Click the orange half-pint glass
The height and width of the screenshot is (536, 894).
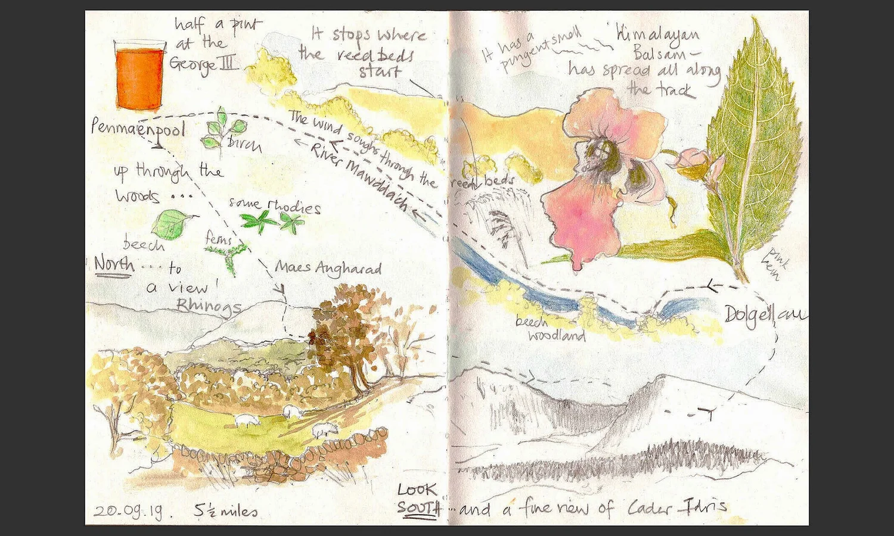139,76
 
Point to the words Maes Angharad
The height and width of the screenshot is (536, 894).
328,269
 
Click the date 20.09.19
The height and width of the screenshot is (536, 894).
128,511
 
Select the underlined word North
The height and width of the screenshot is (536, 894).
113,263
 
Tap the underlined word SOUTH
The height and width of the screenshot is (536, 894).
418,509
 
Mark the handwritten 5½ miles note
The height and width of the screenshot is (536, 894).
226,511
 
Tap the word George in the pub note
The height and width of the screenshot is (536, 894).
191,64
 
